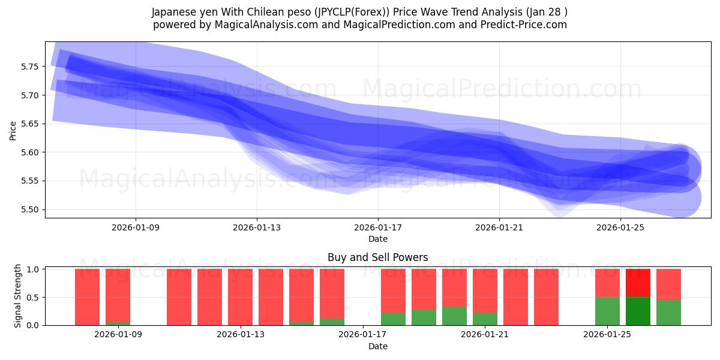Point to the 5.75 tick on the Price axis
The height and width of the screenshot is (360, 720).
tap(29, 67)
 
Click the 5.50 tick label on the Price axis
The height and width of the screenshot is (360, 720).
tap(29, 210)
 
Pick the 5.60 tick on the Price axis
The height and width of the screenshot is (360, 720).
tap(29, 152)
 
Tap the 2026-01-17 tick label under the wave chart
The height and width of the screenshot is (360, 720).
tap(378, 228)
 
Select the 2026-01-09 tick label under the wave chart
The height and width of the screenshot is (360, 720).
tap(136, 228)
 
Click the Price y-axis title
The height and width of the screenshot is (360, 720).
tap(13, 130)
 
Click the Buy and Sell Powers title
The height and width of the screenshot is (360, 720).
tap(377, 257)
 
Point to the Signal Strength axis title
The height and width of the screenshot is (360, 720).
tap(18, 296)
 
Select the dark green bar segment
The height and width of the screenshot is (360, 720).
tap(638, 311)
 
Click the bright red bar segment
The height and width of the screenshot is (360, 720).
tap(638, 283)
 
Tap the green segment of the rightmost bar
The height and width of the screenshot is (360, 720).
tap(668, 313)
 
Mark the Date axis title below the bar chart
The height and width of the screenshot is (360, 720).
tap(377, 346)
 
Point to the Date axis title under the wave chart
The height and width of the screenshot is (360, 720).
tap(377, 239)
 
